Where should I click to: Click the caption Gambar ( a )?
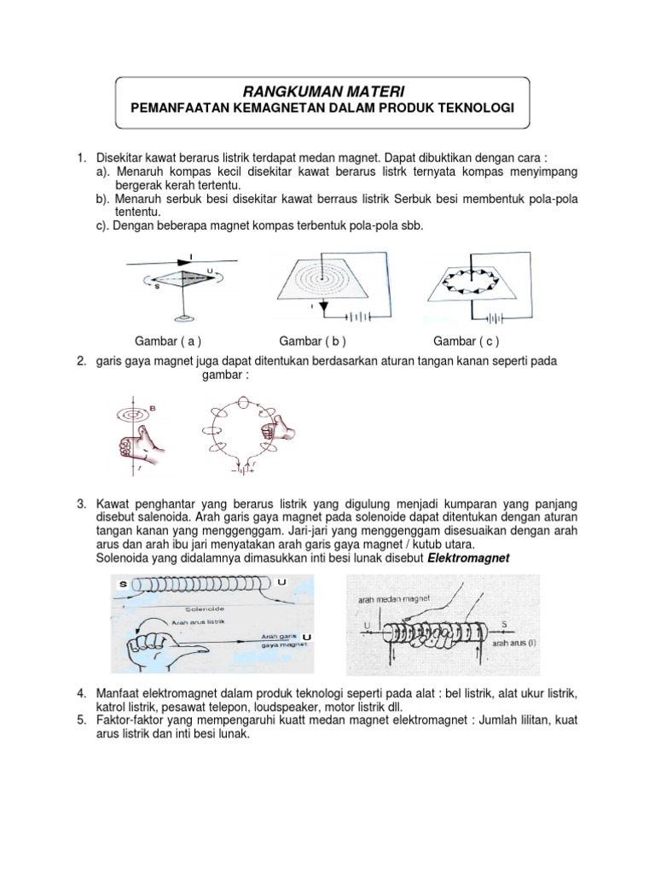[168, 341]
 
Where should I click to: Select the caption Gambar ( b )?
[311, 341]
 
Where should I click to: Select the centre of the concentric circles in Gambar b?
[322, 275]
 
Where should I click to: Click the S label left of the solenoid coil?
[125, 582]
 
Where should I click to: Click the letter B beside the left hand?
[154, 409]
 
